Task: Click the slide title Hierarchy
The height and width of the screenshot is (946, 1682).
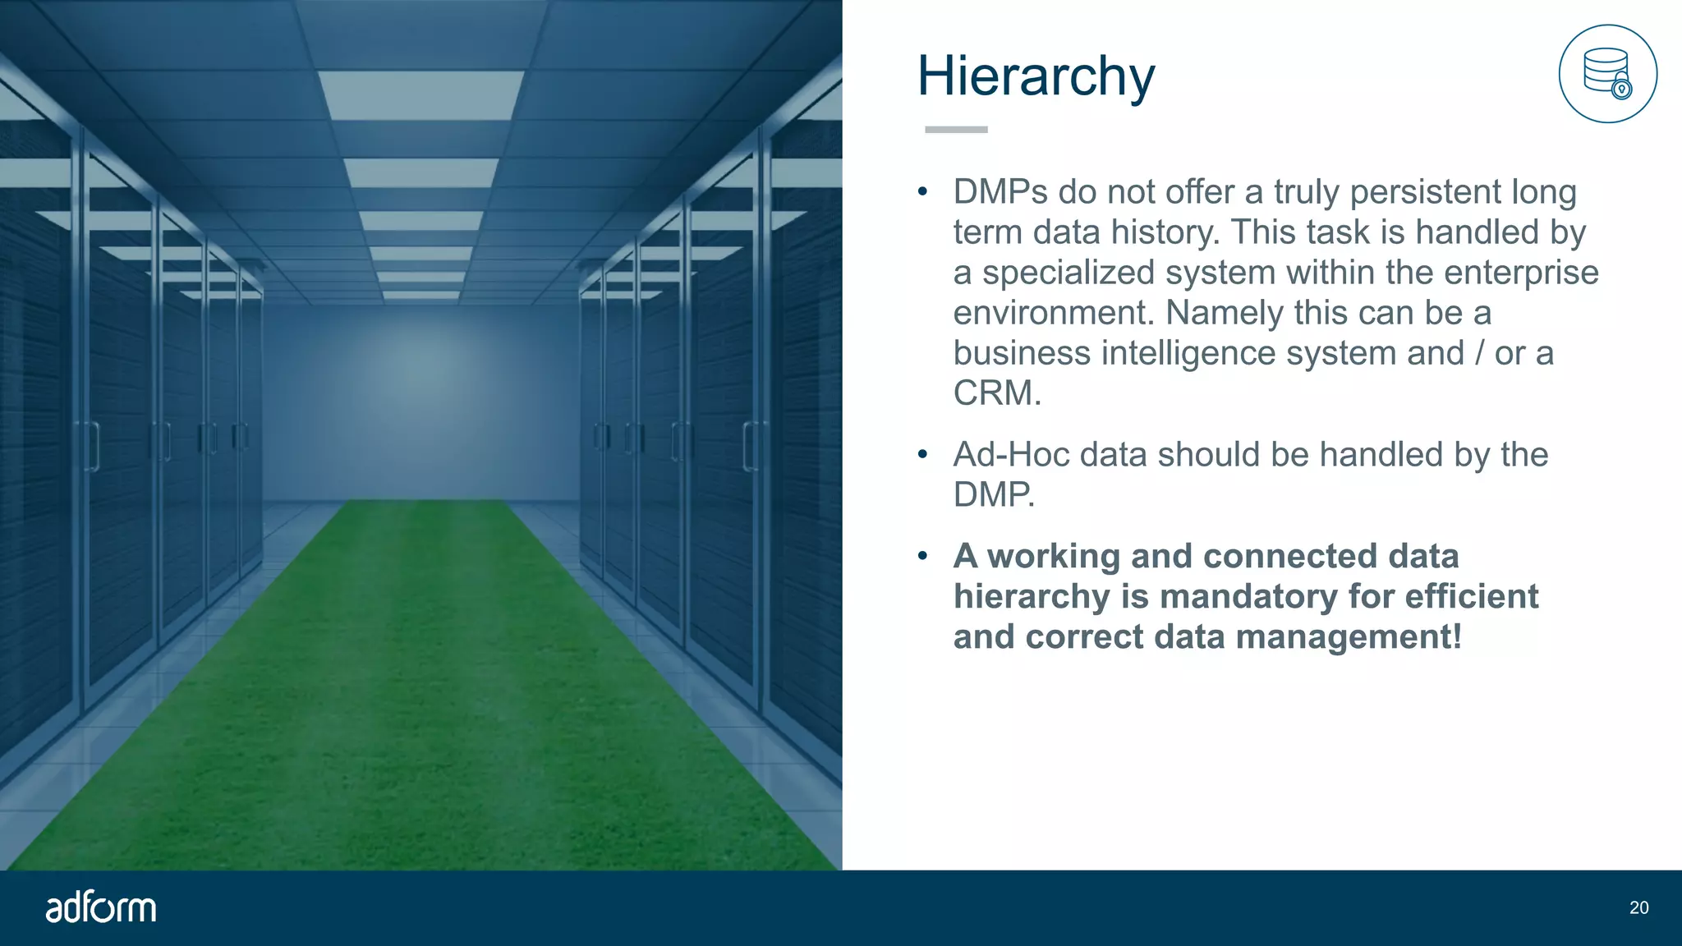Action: pos(1036,76)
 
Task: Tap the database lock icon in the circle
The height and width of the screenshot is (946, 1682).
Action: pos(1607,74)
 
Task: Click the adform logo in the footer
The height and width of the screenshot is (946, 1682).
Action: pos(100,907)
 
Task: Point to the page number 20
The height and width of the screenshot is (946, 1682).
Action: pos(1638,907)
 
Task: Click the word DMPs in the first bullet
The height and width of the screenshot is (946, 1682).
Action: pos(1000,192)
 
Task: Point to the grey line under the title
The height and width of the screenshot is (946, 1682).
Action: pos(956,130)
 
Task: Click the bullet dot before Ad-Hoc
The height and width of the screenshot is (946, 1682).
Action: pos(923,454)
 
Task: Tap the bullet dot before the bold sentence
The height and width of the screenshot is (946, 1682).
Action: pos(923,557)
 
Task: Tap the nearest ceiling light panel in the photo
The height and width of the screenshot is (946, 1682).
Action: pos(421,94)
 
